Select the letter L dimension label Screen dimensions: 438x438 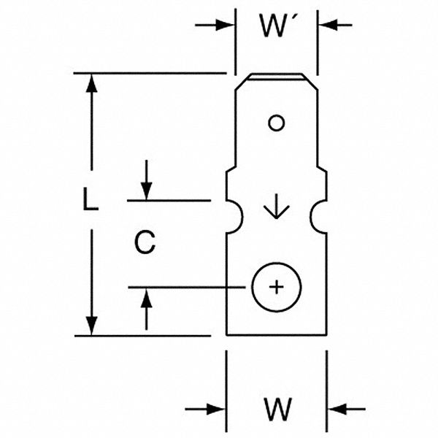click(90, 200)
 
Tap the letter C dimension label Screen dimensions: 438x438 click(146, 242)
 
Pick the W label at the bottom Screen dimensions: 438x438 click(276, 410)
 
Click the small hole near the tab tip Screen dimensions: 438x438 click(275, 123)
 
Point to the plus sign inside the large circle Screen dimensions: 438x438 click(276, 287)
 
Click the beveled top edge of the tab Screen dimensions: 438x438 click(276, 77)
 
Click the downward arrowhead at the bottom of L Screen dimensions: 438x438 click(91, 326)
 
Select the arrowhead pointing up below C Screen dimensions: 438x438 click(147, 296)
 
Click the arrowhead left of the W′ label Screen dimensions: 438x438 click(226, 26)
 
